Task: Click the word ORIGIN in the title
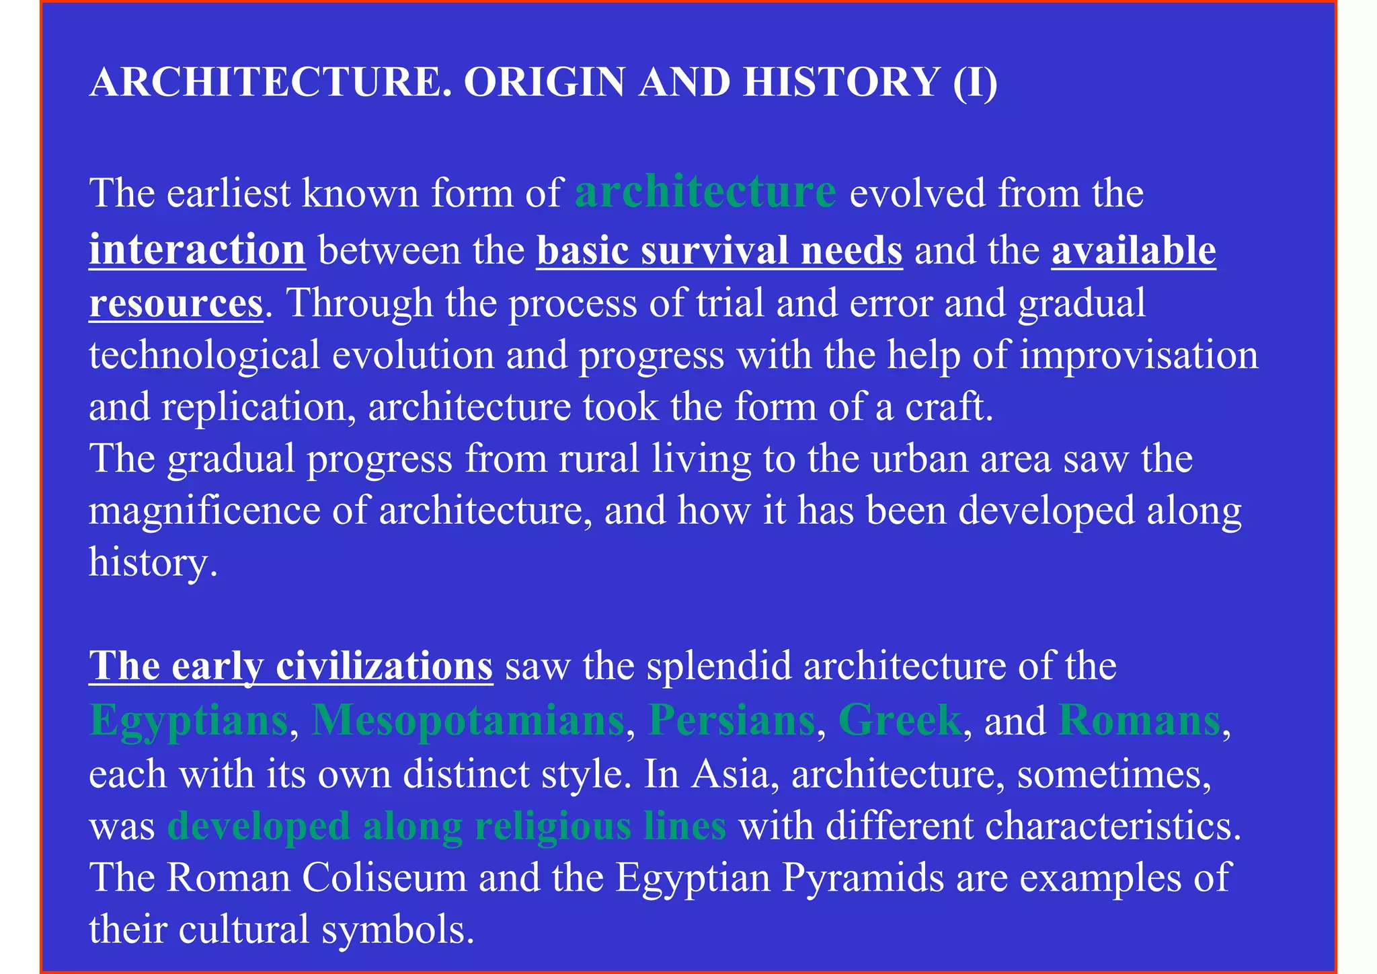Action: pyautogui.click(x=545, y=83)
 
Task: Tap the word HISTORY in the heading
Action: pyautogui.click(x=841, y=83)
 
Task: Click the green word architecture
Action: pyautogui.click(x=705, y=192)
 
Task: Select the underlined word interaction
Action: pyautogui.click(x=197, y=250)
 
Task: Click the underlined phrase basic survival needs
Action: pyautogui.click(x=719, y=250)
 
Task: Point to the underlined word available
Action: pyautogui.click(x=1134, y=250)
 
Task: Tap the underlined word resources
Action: pyautogui.click(x=175, y=303)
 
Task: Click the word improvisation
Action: pyautogui.click(x=1139, y=355)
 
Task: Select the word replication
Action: pyautogui.click(x=253, y=408)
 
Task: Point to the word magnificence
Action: pyautogui.click(x=204, y=511)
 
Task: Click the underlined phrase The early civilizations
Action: pyautogui.click(x=290, y=666)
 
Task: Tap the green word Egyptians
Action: pyautogui.click(x=189, y=720)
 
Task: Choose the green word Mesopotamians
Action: pyautogui.click(x=467, y=720)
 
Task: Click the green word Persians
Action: pyautogui.click(x=731, y=720)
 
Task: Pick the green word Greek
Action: pyautogui.click(x=900, y=720)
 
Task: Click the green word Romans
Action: pyautogui.click(x=1139, y=720)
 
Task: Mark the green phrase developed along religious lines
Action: pyautogui.click(x=446, y=826)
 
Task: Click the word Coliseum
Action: pyautogui.click(x=384, y=878)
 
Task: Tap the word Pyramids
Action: pyautogui.click(x=863, y=878)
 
